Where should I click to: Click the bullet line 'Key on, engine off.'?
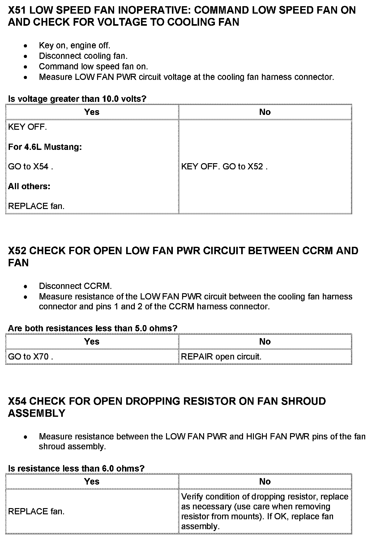pyautogui.click(x=74, y=46)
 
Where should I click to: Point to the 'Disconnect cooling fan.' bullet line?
pyautogui.click(x=83, y=56)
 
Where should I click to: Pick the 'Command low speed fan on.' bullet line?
pyautogui.click(x=93, y=67)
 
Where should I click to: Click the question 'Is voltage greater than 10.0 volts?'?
pyautogui.click(x=77, y=99)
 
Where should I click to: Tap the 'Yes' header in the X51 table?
pyautogui.click(x=92, y=112)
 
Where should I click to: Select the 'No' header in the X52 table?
pyautogui.click(x=265, y=342)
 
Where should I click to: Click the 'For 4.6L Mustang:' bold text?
pyautogui.click(x=45, y=147)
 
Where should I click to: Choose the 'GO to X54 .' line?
pyautogui.click(x=31, y=167)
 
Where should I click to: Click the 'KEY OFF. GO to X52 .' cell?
pyautogui.click(x=224, y=167)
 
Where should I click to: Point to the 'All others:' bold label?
pyautogui.click(x=29, y=186)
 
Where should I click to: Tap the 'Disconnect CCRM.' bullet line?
pyautogui.click(x=75, y=286)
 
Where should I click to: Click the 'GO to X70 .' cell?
pyautogui.click(x=31, y=357)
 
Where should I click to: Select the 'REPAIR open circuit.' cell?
pyautogui.click(x=221, y=357)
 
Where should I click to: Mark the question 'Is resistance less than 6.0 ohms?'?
pyautogui.click(x=76, y=468)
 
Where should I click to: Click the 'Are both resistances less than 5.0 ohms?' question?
pyautogui.click(x=92, y=328)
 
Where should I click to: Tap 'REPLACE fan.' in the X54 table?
pyautogui.click(x=36, y=512)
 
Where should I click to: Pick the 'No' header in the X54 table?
pyautogui.click(x=265, y=481)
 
